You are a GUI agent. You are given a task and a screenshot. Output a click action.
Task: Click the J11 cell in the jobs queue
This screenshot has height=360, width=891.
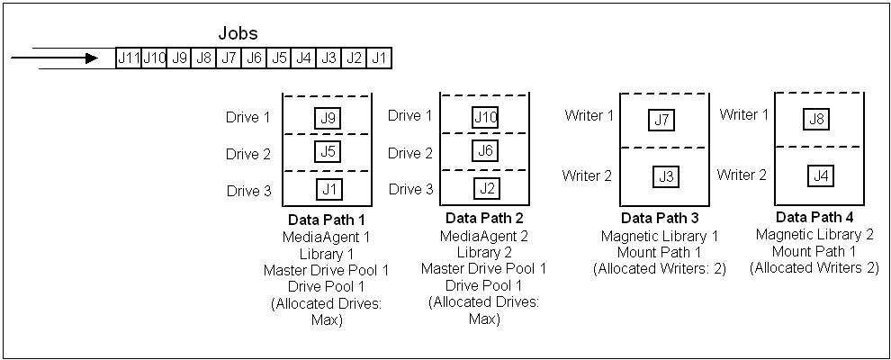coord(128,58)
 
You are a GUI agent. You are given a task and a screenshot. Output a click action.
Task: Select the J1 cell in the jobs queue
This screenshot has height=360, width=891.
coord(380,58)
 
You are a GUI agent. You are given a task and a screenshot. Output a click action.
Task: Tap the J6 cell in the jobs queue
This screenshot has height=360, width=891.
coord(255,58)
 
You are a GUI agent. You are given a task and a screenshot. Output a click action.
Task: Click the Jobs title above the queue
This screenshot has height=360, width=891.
coord(238,33)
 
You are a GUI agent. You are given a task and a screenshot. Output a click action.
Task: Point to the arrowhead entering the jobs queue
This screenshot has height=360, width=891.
coord(91,58)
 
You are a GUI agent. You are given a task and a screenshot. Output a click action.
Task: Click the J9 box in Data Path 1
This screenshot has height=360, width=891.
coord(328,117)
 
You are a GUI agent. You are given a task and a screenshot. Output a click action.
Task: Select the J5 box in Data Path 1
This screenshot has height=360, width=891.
coord(328,151)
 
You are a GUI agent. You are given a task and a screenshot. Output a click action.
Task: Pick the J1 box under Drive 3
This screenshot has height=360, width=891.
coord(328,189)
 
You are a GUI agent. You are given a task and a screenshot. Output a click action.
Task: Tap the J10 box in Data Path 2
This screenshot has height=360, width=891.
coord(486,117)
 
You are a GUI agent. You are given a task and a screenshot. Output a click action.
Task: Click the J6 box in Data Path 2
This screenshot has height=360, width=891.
coord(486,152)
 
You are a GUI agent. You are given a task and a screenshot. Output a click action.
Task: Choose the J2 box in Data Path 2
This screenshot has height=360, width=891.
coord(486,188)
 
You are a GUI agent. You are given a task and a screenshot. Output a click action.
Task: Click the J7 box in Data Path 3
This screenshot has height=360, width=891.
coord(662,120)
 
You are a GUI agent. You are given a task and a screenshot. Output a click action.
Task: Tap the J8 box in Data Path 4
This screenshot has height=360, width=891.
coord(818,119)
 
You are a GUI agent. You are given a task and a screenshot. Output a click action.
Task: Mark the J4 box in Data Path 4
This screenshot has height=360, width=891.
coord(820,175)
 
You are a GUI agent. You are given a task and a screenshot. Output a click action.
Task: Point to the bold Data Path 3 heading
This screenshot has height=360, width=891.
coord(661,219)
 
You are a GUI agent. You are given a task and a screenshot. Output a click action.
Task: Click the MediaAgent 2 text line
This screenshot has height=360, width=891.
coord(483,236)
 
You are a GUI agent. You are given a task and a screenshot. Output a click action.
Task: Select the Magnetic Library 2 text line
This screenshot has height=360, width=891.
coord(814,235)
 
